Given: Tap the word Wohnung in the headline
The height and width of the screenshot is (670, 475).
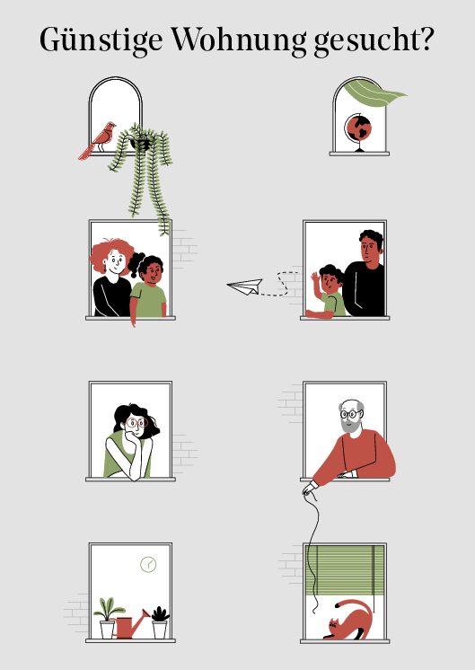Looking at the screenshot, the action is (238, 40).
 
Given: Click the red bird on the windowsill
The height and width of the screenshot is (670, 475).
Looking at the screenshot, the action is (98, 140).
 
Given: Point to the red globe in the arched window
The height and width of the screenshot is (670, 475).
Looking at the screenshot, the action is (358, 129).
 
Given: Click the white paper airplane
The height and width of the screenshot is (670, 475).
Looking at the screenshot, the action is (245, 287).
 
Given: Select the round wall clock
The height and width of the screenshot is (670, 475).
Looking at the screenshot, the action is (148, 564).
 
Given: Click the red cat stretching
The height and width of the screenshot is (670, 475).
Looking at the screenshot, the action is (349, 620).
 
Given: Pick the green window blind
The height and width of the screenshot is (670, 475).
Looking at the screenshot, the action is (345, 570).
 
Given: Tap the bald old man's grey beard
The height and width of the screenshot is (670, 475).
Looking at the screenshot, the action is (350, 425).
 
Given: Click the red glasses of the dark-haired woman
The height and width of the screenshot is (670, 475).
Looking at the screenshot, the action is (136, 423).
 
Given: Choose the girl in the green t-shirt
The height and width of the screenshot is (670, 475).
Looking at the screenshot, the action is (147, 287).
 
